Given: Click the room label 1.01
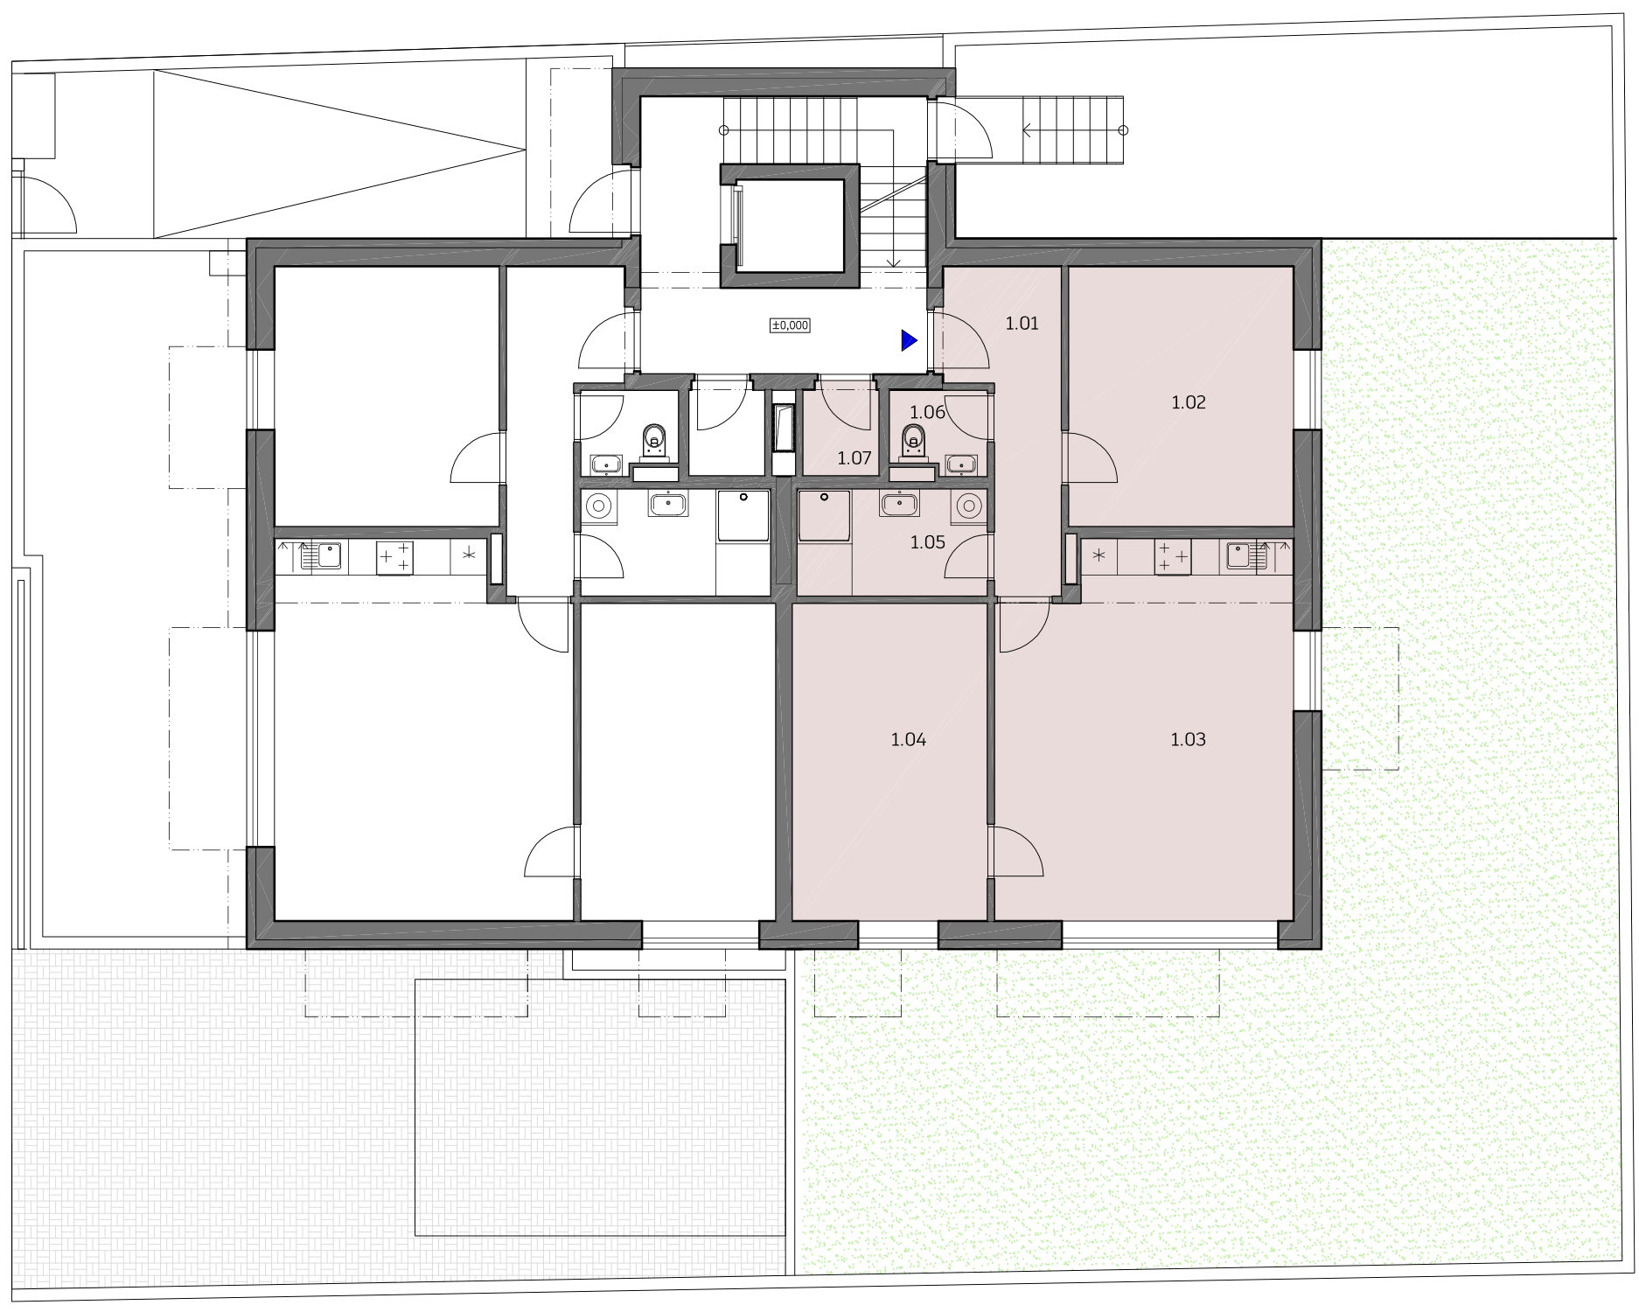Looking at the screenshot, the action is click(x=1022, y=324).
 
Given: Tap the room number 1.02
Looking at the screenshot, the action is click(x=1188, y=403).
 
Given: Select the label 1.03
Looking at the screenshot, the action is click(x=1188, y=740).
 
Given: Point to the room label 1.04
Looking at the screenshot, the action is click(x=909, y=740).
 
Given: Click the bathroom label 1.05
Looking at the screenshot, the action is click(x=927, y=542).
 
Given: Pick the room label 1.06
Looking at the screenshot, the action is click(x=927, y=412).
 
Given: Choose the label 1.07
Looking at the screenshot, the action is click(x=854, y=457).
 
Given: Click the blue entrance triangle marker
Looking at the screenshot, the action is click(x=910, y=340).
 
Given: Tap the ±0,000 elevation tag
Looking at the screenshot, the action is click(x=790, y=325).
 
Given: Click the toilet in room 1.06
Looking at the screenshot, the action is click(x=913, y=443).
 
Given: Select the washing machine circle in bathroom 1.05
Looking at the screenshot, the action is click(x=967, y=506).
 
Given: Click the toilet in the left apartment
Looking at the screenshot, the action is click(x=654, y=443).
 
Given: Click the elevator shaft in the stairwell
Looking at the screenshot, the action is click(x=790, y=225).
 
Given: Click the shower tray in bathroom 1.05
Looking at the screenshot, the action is click(x=825, y=516).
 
